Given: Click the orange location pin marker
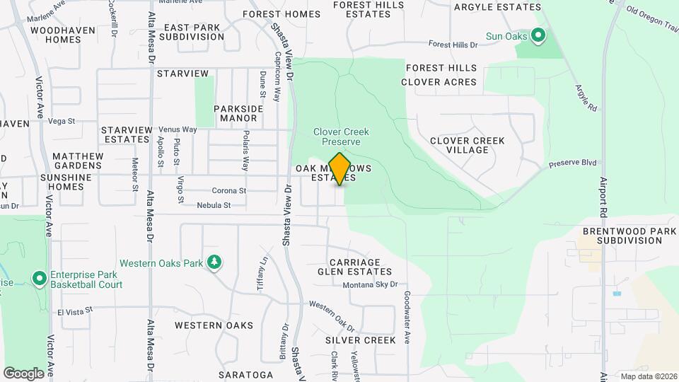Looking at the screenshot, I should tap(340, 168).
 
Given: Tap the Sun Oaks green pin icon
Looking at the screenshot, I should tap(538, 35).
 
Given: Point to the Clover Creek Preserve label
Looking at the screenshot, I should tap(341, 137).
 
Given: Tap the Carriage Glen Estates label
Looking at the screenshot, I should tap(359, 267).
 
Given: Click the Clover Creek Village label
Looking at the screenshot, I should tap(468, 146).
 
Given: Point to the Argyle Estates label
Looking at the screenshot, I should tap(497, 7).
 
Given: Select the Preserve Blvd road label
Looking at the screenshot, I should tap(574, 163).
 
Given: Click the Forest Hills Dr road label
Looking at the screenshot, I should tap(454, 45).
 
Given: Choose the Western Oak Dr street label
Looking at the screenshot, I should tap(332, 318).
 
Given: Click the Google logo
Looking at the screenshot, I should tap(23, 373).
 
